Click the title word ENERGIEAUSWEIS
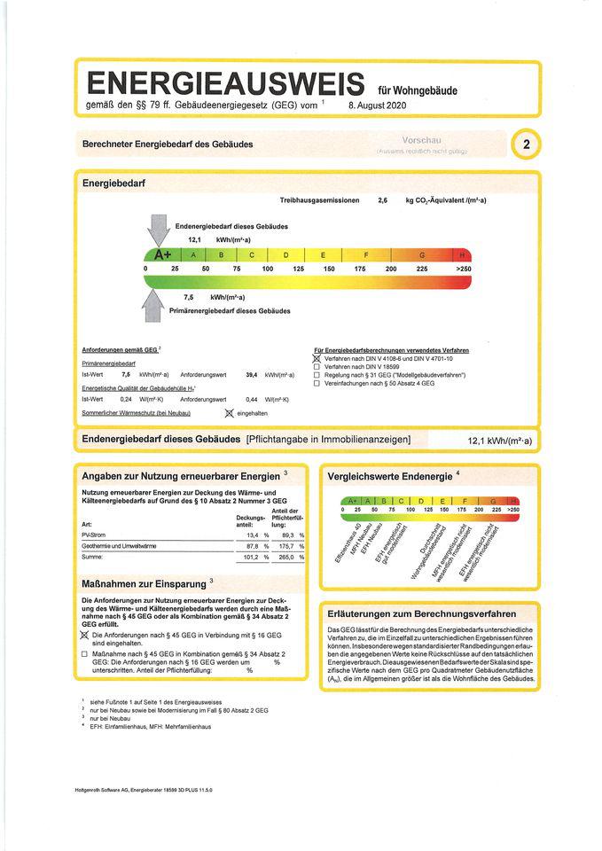tap(225, 85)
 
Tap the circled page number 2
tap(527, 145)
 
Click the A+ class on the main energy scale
tap(162, 254)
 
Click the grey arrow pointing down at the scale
tap(160, 229)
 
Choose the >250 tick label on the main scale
tap(463, 268)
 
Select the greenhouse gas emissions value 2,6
tap(383, 201)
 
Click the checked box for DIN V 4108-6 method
tap(317, 358)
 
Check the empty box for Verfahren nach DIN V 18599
tap(317, 367)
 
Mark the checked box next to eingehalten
tap(229, 413)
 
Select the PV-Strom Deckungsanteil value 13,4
tap(252, 535)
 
